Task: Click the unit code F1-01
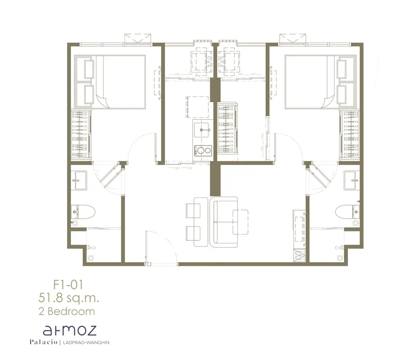(x=68, y=285)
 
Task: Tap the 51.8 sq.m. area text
(x=69, y=298)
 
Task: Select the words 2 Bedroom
(x=67, y=311)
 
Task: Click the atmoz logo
(x=70, y=330)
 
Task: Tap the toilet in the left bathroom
(x=83, y=212)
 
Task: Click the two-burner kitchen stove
(x=203, y=150)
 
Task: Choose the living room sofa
(x=224, y=222)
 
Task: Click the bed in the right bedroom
(x=321, y=82)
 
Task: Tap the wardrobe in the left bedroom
(x=81, y=134)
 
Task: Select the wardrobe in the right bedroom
(x=350, y=134)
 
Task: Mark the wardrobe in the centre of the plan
(x=227, y=128)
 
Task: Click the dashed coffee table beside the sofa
(x=240, y=222)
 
